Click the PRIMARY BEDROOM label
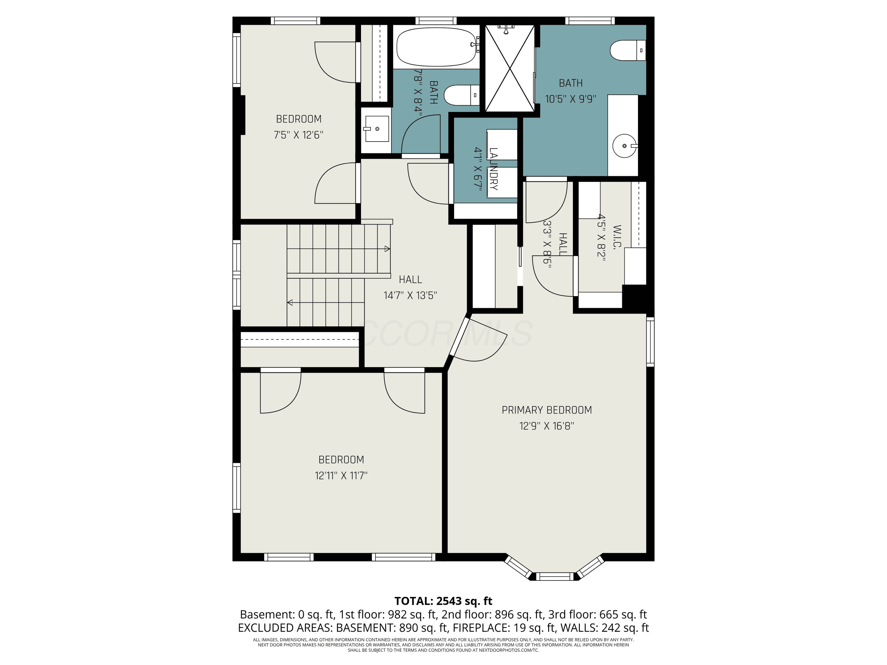pos(547,410)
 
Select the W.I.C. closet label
pos(617,236)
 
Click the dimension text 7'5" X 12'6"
pos(299,135)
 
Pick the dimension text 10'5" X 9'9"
pos(571,99)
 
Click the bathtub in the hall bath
pos(437,47)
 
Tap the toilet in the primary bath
pos(628,51)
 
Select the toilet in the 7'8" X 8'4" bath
pos(462,95)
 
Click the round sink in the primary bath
pos(624,146)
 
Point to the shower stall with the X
pos(510,68)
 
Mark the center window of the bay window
pos(555,576)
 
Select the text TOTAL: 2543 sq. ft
pos(443,601)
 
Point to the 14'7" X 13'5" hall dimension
pos(410,296)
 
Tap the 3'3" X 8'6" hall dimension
pos(547,244)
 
